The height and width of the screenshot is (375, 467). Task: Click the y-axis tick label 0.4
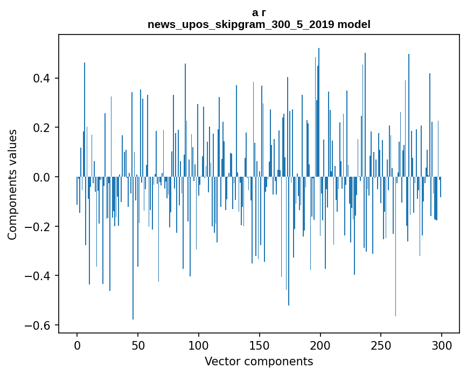(x=41, y=78)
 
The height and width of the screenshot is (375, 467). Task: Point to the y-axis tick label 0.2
(x=41, y=128)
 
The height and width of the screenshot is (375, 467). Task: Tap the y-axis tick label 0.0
(x=41, y=177)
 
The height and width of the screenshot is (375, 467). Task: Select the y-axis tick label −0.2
(x=38, y=227)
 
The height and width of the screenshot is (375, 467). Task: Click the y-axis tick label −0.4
(x=38, y=276)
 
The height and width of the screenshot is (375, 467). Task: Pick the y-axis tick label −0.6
(x=38, y=325)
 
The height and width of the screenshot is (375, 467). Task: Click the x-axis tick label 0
(x=77, y=346)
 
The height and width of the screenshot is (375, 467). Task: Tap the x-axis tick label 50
(x=138, y=346)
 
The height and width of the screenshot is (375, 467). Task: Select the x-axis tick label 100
(x=199, y=346)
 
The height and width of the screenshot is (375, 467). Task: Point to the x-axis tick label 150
(x=260, y=346)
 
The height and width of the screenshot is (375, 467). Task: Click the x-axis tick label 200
(x=320, y=346)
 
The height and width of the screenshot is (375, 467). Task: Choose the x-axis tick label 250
(x=381, y=346)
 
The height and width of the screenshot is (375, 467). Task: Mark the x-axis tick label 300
(x=442, y=346)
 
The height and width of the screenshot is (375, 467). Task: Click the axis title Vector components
(x=259, y=362)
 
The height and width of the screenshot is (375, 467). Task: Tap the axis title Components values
(x=12, y=184)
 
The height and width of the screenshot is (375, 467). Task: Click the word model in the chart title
(x=354, y=24)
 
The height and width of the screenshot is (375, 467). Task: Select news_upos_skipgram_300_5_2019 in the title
(x=241, y=25)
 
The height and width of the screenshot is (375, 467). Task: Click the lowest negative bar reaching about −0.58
(x=133, y=248)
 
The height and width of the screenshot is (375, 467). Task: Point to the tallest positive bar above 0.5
(x=319, y=112)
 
